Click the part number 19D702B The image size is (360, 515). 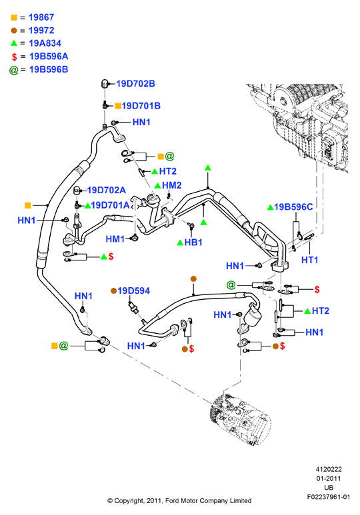tap(135, 84)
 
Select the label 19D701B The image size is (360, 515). tap(141, 106)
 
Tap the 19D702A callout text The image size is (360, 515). tap(107, 190)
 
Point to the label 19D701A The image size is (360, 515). tap(110, 205)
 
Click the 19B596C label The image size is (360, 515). tap(293, 207)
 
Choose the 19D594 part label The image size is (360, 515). tap(134, 290)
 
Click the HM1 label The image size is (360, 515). tap(115, 239)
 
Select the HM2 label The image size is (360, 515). tap(172, 185)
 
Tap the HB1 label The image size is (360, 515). tap(193, 243)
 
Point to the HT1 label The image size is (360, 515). tap(310, 260)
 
